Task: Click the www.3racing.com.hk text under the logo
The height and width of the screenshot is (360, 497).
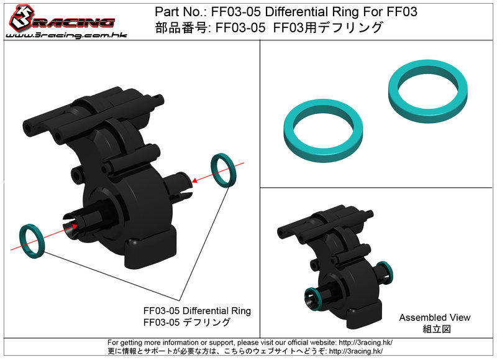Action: [x=66, y=35]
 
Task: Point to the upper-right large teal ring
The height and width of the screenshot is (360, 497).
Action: [x=428, y=91]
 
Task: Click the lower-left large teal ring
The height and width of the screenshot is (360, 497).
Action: [x=323, y=131]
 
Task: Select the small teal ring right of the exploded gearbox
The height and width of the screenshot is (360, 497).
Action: [x=222, y=170]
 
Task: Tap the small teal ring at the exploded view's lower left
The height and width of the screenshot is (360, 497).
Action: [x=32, y=241]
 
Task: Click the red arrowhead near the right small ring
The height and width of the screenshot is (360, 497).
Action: [x=194, y=180]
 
